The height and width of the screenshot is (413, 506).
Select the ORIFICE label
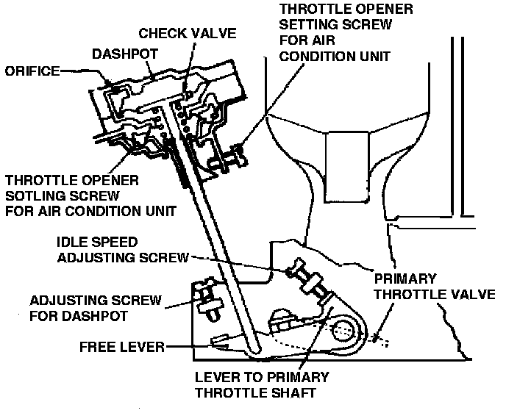pyautogui.click(x=33, y=71)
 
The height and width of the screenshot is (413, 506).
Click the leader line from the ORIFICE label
pyautogui.click(x=85, y=73)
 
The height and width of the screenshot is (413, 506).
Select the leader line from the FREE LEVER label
pyautogui.click(x=191, y=346)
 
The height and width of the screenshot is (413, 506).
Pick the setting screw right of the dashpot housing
pyautogui.click(x=237, y=154)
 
